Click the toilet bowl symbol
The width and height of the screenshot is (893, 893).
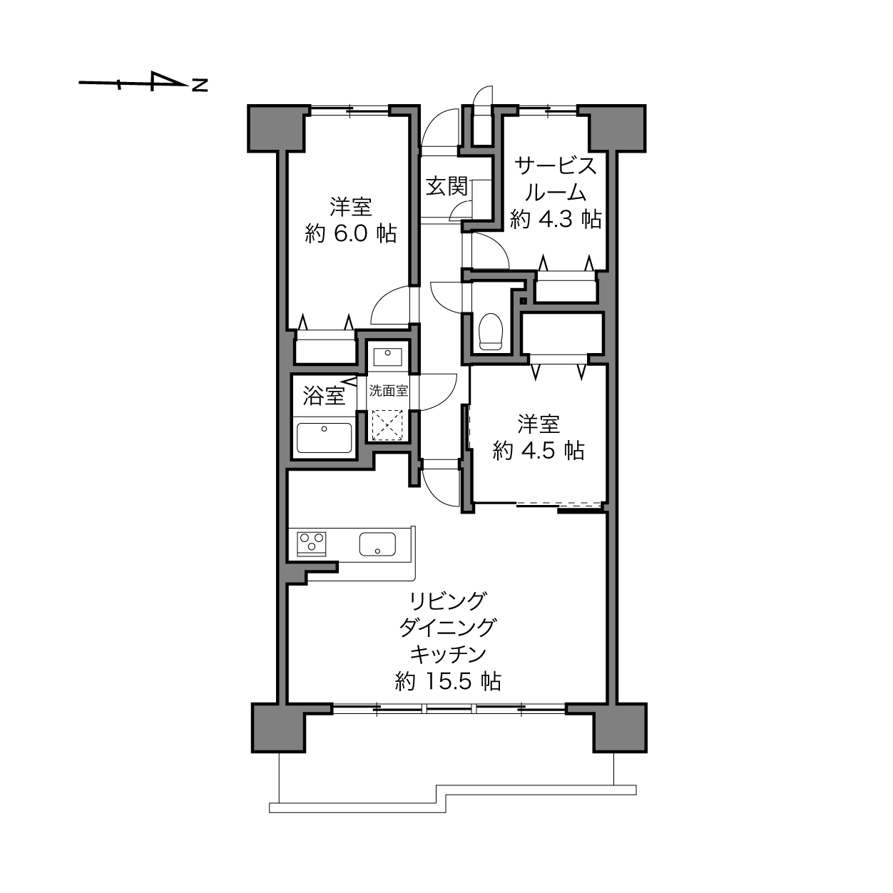(x=491, y=332)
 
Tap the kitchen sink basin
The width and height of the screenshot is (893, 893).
(x=377, y=544)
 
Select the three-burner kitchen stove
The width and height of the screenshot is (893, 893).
(x=312, y=544)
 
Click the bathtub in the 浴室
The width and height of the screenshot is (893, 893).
(x=324, y=437)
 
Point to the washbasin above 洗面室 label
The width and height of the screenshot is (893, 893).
(x=387, y=357)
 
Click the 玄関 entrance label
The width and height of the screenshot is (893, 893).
(x=446, y=186)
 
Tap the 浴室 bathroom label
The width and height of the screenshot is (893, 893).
(x=324, y=395)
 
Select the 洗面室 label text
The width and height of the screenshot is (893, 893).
(x=388, y=391)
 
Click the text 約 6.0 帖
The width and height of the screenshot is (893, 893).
(x=350, y=233)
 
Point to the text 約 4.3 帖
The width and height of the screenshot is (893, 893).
(x=556, y=218)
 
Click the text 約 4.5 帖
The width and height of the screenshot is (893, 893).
(x=539, y=450)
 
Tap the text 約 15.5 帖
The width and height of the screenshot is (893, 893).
(x=448, y=681)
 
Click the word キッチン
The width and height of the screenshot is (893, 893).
(x=448, y=654)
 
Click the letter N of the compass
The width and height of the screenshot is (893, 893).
(x=200, y=85)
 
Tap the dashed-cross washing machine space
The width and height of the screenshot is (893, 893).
(x=387, y=425)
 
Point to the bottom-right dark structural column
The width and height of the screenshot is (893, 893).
(x=621, y=728)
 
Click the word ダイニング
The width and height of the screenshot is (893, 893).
(x=448, y=628)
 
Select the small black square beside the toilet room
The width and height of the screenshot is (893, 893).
(x=524, y=301)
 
